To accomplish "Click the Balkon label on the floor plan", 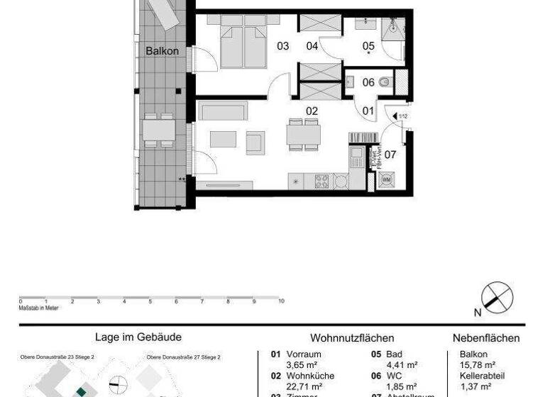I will coord(162,51).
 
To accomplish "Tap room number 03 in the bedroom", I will coord(282,47).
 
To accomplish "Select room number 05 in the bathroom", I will coord(368,47).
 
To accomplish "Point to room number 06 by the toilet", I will coord(368,82).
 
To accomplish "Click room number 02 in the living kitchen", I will coord(311,111).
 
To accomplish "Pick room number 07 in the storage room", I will coord(390,154).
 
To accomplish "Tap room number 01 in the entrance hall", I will coord(368,111).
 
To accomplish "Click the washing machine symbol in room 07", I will coord(387,181).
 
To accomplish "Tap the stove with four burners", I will coord(322,181).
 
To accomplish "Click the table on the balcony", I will coord(158,130).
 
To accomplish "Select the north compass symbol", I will coord(497,296).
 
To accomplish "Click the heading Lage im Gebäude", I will coord(138,338).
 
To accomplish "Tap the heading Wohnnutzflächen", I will coord(352,338).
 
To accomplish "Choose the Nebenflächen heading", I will coord(486,338).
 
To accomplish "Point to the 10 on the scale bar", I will coord(282,301).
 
